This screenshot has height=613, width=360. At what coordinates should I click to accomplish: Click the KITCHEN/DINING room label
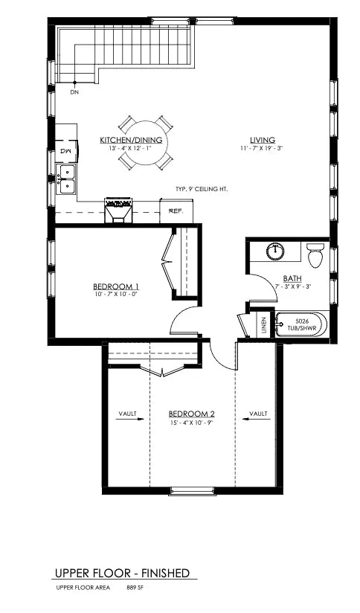coord(131,140)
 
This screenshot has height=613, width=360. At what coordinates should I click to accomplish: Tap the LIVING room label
coord(263,140)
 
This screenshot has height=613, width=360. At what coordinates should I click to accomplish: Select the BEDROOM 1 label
coord(116,286)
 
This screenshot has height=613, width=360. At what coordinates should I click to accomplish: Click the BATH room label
coord(292,278)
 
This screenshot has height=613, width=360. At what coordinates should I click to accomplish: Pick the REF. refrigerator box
coord(176,211)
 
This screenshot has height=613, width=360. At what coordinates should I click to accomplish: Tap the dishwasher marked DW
coord(67,151)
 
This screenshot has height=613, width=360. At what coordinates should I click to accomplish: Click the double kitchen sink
coord(66,179)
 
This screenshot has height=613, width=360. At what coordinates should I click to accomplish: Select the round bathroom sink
coord(275,251)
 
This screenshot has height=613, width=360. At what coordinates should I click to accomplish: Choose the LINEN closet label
coord(264,325)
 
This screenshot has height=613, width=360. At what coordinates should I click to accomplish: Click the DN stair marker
coord(74,92)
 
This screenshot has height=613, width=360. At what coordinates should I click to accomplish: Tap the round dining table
coord(145,144)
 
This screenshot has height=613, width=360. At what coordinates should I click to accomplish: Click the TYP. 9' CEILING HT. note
coord(202,189)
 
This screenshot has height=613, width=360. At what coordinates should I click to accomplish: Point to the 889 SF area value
coord(133,588)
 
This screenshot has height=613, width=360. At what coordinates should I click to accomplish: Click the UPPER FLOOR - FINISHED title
coord(122,574)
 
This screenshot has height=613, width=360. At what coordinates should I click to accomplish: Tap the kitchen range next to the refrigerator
coord(118,211)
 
